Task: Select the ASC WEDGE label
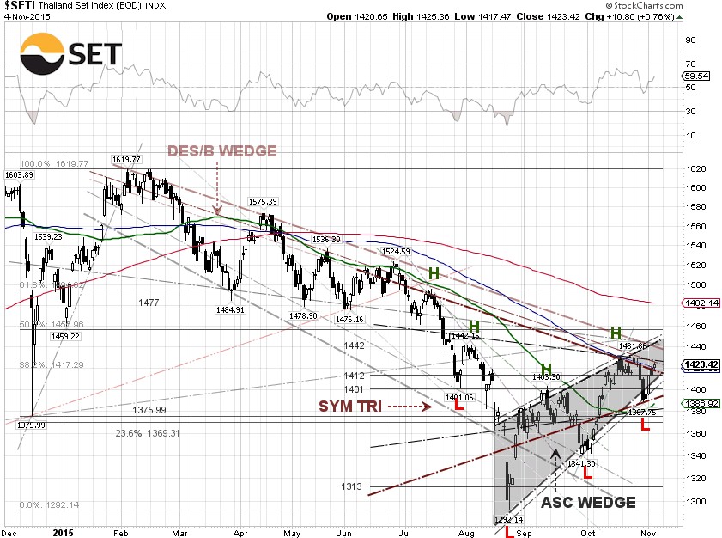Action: (x=588, y=503)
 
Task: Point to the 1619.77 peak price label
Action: (x=125, y=159)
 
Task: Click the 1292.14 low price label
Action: (x=508, y=519)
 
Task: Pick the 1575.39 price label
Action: (x=264, y=201)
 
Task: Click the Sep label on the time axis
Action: (x=523, y=533)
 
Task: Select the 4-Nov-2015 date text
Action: (x=27, y=16)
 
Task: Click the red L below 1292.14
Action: (x=509, y=532)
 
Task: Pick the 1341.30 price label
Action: (x=580, y=463)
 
